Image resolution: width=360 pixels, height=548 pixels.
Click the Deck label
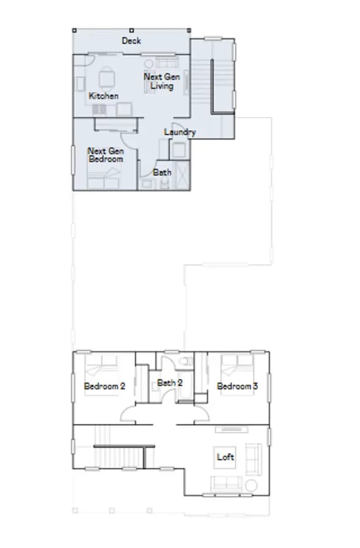tap(131, 41)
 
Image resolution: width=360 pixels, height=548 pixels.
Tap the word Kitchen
tap(104, 96)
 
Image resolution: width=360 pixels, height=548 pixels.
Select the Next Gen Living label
tap(162, 81)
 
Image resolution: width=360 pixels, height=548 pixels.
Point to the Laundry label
tap(180, 132)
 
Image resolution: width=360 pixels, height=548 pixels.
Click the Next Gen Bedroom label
tap(105, 155)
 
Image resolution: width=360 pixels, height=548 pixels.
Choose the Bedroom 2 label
tap(105, 386)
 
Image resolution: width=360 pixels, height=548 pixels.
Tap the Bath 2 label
tap(169, 383)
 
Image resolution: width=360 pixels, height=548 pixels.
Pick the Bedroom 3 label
tap(238, 386)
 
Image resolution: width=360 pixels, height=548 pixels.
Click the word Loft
tap(225, 457)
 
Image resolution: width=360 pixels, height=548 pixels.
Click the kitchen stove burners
tap(99, 110)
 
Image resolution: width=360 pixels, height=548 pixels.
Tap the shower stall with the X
tap(183, 175)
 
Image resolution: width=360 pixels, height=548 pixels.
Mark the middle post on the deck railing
tap(132, 31)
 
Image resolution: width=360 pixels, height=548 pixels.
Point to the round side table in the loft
tap(251, 485)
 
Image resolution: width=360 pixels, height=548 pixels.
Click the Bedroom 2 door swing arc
tap(126, 412)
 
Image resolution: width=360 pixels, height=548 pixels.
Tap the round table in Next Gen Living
tap(149, 64)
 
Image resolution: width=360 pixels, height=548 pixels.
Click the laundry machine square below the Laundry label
tap(178, 150)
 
